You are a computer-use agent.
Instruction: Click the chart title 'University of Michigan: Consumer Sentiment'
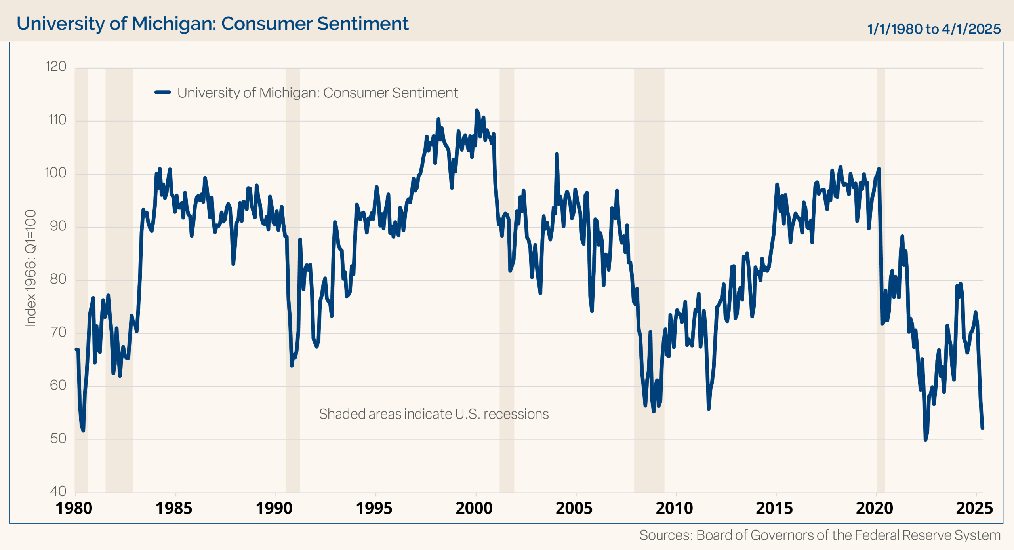(212, 23)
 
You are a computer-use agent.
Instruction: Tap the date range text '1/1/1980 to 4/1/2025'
(934, 29)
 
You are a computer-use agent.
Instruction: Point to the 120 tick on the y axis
(56, 67)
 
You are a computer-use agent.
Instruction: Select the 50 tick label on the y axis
(58, 438)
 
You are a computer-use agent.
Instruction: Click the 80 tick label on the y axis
(58, 279)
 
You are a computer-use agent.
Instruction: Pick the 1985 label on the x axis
(174, 508)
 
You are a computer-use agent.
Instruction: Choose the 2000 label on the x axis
(474, 508)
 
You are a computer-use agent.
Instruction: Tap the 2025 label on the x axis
(974, 508)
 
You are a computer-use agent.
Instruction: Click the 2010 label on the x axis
(674, 508)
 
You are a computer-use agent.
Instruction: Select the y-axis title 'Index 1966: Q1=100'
(30, 268)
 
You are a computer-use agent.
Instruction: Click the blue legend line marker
(162, 93)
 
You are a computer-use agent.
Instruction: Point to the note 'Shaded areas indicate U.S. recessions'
(434, 414)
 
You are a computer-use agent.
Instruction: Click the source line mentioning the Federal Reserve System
(820, 535)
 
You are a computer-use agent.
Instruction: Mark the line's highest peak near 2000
(477, 110)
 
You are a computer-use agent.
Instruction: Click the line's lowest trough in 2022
(926, 439)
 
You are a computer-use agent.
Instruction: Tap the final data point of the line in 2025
(982, 428)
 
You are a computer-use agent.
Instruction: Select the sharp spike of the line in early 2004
(557, 154)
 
